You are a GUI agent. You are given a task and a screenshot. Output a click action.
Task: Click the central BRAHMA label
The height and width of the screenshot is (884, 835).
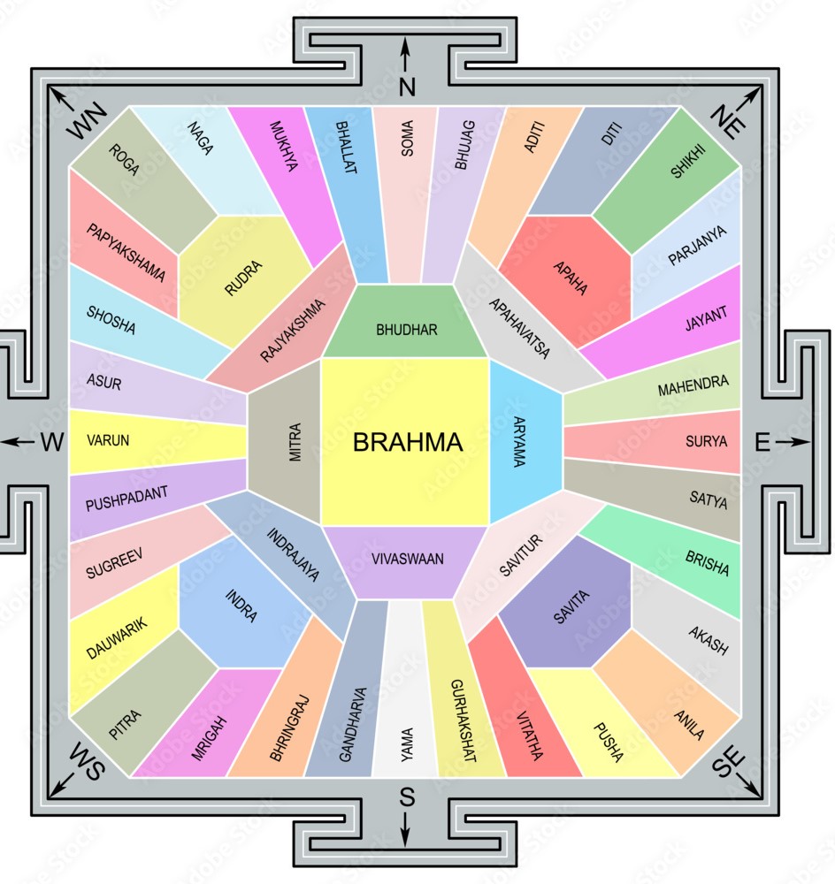click(407, 442)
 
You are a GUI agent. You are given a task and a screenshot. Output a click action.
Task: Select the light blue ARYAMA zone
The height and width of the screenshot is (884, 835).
click(524, 442)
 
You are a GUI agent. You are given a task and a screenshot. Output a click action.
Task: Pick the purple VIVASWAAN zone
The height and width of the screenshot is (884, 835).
click(407, 559)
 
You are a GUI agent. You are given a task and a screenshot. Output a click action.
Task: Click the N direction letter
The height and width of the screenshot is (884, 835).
click(407, 86)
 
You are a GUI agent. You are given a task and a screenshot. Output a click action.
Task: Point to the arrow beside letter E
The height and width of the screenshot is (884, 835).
click(796, 442)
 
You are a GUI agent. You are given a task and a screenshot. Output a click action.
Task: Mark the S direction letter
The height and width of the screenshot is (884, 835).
click(407, 797)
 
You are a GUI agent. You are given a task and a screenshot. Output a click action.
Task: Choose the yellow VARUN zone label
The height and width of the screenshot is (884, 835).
click(109, 440)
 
